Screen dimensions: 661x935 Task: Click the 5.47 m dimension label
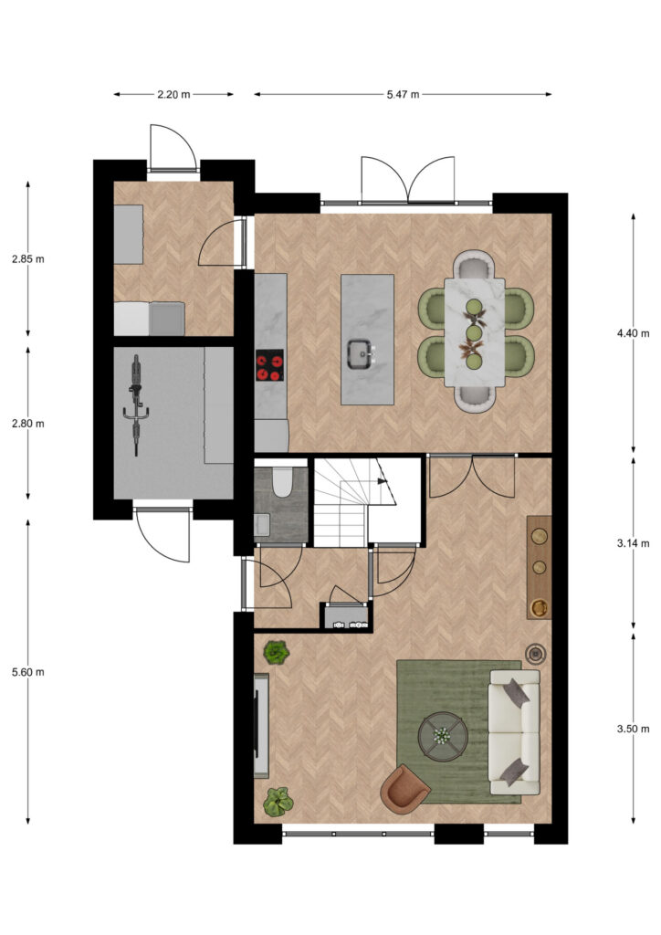tap(403, 94)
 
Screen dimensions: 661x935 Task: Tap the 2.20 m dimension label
tap(173, 94)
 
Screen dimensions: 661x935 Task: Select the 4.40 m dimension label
tap(633, 333)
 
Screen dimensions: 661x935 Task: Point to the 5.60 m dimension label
tap(28, 672)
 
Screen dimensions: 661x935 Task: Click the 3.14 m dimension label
tap(633, 543)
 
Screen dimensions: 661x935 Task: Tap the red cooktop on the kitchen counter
tap(270, 365)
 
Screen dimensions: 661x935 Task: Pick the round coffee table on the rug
tap(443, 737)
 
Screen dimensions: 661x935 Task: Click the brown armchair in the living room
tap(404, 789)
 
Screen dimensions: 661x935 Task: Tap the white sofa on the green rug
tap(514, 731)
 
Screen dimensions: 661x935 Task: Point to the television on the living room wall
tap(260, 725)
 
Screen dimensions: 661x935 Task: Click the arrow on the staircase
tap(382, 480)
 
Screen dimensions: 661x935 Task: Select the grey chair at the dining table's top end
tap(475, 265)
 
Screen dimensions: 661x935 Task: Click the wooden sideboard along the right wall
tap(539, 567)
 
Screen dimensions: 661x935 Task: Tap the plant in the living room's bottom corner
tap(278, 802)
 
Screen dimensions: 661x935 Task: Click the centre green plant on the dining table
tap(474, 332)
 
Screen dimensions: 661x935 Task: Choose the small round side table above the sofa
tap(537, 654)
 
